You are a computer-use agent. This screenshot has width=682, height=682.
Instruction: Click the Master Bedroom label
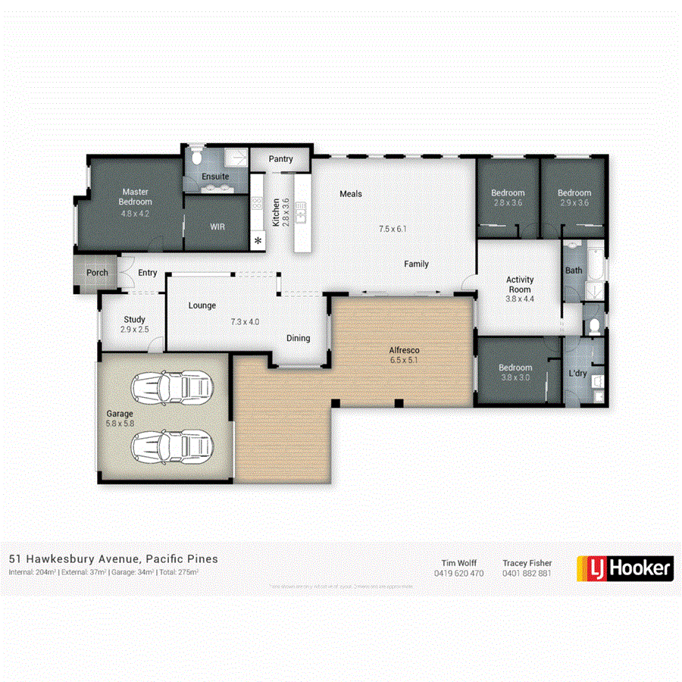(x=136, y=197)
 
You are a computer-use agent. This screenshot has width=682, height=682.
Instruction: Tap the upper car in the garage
(x=170, y=389)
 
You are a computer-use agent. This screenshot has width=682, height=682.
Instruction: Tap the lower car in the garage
(x=170, y=447)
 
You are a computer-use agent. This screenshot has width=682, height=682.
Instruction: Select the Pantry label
(x=280, y=160)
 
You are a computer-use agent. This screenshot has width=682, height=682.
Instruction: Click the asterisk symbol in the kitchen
(x=258, y=241)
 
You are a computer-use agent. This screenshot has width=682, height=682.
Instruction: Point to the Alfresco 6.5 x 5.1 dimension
(x=404, y=361)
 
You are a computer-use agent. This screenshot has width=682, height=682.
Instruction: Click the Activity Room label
(x=519, y=284)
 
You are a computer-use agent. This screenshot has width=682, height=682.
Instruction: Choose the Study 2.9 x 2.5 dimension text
(x=134, y=330)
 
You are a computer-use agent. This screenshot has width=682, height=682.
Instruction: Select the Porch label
(x=97, y=273)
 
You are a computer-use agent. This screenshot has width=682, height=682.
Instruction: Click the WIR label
(x=217, y=227)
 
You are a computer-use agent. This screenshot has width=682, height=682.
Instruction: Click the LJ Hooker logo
(x=625, y=568)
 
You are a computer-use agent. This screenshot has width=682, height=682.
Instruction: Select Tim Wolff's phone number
(x=458, y=574)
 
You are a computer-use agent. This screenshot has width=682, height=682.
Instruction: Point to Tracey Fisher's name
(x=527, y=563)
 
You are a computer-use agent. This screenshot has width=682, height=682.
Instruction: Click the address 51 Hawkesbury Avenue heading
(x=113, y=558)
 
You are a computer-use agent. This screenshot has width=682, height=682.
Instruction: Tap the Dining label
(x=298, y=338)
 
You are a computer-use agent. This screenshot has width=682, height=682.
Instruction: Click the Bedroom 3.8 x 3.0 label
(x=515, y=373)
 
